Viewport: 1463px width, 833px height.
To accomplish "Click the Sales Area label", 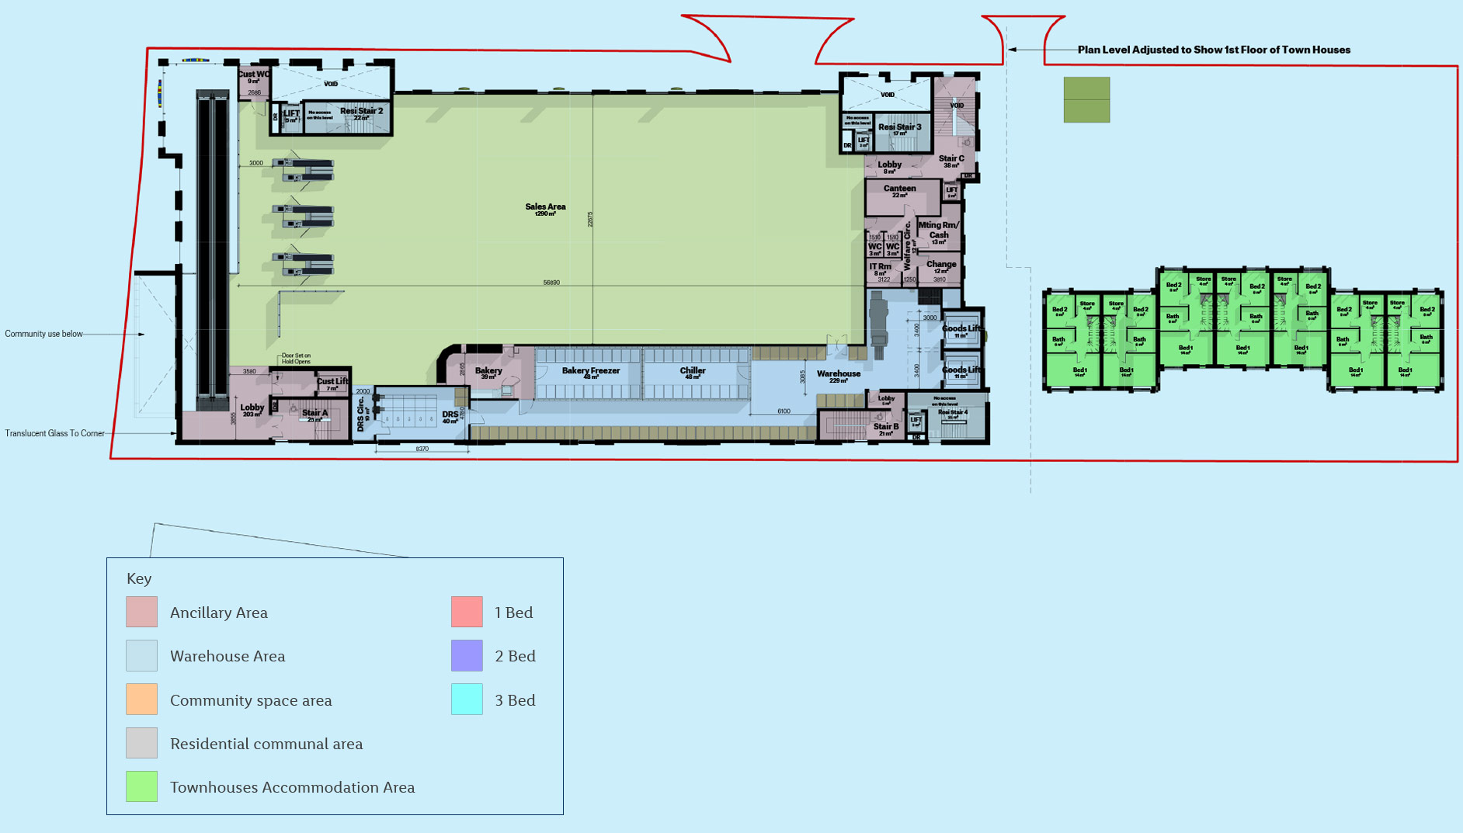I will pyautogui.click(x=545, y=207).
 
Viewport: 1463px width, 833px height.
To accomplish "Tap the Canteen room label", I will pyautogui.click(x=899, y=189).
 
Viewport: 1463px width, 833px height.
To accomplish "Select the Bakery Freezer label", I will pyautogui.click(x=590, y=371).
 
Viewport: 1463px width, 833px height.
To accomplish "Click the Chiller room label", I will pyautogui.click(x=692, y=371).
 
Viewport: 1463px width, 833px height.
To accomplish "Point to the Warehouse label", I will pyautogui.click(x=838, y=374).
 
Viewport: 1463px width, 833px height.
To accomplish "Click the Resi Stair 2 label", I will pyautogui.click(x=361, y=112).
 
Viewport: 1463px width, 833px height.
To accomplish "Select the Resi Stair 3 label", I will pyautogui.click(x=899, y=127).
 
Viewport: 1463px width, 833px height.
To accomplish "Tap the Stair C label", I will pyautogui.click(x=951, y=159).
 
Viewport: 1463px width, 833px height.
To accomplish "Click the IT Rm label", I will pyautogui.click(x=880, y=267).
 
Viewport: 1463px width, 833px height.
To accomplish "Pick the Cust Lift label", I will pyautogui.click(x=332, y=381).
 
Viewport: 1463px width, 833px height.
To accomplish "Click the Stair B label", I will pyautogui.click(x=885, y=427).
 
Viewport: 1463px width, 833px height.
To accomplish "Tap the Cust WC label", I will pyautogui.click(x=253, y=75).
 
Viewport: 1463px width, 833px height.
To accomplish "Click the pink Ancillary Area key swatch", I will pyautogui.click(x=141, y=612).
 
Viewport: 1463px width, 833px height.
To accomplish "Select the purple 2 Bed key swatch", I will pyautogui.click(x=467, y=655).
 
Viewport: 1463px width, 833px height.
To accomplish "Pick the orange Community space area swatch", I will pyautogui.click(x=141, y=699).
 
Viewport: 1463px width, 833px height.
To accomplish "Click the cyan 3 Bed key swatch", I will pyautogui.click(x=467, y=699).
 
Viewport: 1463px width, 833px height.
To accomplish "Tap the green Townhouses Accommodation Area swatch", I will pyautogui.click(x=141, y=786).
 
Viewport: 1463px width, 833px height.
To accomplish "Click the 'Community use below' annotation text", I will pyautogui.click(x=43, y=334).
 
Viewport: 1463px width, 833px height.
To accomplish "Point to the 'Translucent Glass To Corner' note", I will pyautogui.click(x=54, y=433).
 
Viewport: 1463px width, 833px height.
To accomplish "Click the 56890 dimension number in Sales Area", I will pyautogui.click(x=551, y=283).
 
